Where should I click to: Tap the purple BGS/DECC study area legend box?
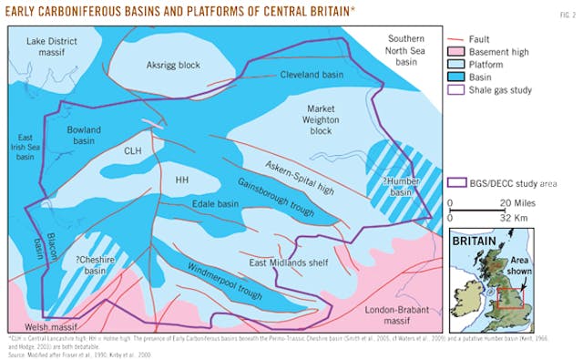459,183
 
